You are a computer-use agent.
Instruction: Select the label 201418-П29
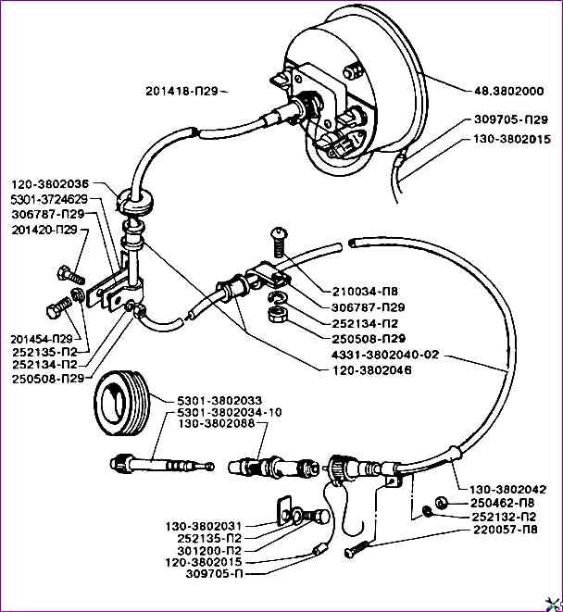coord(182,91)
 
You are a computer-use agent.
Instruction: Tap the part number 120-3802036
coord(49,184)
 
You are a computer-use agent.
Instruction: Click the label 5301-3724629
coord(49,199)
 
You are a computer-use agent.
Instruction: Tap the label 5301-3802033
coord(218,400)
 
